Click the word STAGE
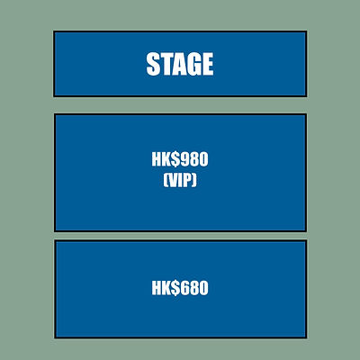click(180, 64)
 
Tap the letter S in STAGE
click(152, 64)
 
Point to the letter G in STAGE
click(193, 64)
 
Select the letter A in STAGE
click(178, 64)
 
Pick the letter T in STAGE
click(165, 64)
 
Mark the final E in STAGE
click(207, 64)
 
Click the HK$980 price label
click(180, 159)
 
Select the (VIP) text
click(180, 181)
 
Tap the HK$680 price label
click(180, 288)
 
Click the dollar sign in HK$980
click(175, 159)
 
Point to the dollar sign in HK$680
click(175, 288)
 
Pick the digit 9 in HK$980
click(184, 159)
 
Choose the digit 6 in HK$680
click(184, 288)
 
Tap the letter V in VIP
click(173, 181)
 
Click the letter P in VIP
click(188, 181)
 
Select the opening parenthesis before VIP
click(166, 181)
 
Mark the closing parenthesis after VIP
click(195, 181)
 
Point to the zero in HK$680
click(203, 288)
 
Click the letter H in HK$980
click(157, 159)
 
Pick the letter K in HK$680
click(166, 288)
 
